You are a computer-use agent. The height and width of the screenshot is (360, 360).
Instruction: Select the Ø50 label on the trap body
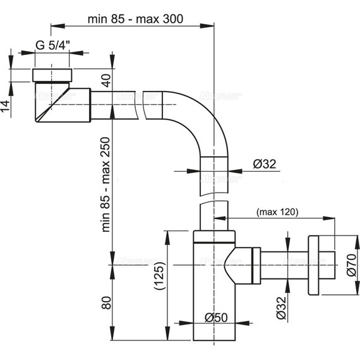[x=216, y=318]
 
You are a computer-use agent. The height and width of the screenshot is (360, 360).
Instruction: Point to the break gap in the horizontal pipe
[x=140, y=104]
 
